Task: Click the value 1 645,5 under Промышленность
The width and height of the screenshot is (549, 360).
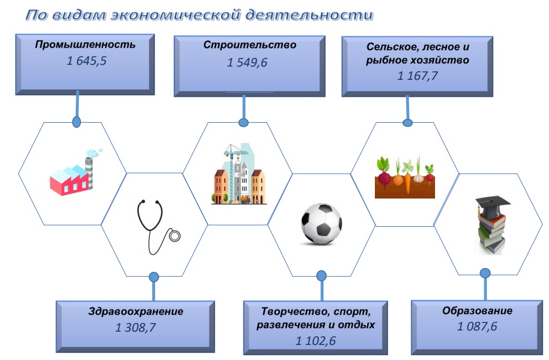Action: (x=86, y=61)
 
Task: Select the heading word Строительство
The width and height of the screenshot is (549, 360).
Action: (x=250, y=45)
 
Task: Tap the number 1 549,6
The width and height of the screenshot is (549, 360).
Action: (x=247, y=63)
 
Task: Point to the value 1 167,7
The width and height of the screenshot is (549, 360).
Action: (x=417, y=76)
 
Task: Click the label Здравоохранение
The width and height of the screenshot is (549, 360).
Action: (x=136, y=311)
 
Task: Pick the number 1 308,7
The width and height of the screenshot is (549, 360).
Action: (x=135, y=328)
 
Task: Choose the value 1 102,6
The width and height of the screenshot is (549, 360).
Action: (x=315, y=341)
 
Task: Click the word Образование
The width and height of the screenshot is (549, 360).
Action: (x=477, y=311)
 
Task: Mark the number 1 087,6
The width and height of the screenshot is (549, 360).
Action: (x=477, y=326)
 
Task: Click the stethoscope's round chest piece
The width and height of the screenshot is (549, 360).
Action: (x=174, y=236)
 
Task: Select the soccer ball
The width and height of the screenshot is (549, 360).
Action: (x=322, y=224)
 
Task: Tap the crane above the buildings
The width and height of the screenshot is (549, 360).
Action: (x=235, y=154)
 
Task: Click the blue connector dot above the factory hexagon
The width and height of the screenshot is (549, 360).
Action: (x=76, y=122)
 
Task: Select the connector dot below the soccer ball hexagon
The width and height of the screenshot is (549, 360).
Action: (x=322, y=275)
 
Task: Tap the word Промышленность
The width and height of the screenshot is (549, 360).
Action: (x=85, y=45)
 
